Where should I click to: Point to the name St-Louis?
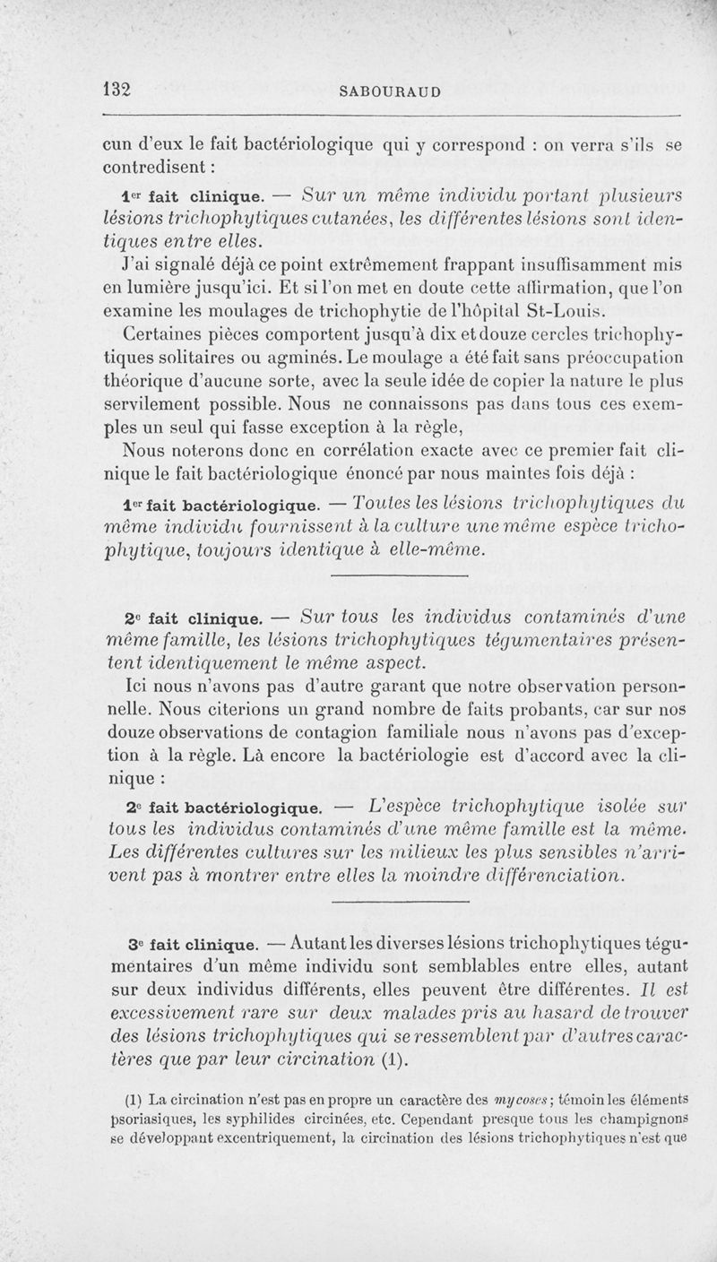[570, 312]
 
